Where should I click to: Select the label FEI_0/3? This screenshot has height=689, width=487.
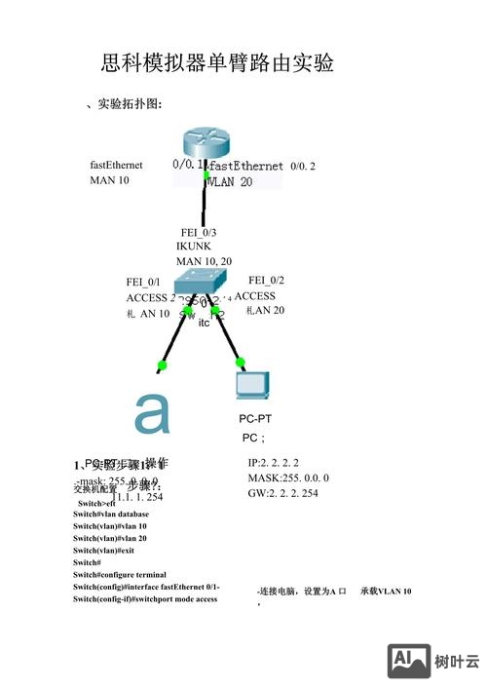click(199, 232)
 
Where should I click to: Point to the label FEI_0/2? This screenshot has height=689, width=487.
click(266, 280)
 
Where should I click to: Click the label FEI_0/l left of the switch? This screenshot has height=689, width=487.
click(143, 282)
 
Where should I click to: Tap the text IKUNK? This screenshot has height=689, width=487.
click(193, 247)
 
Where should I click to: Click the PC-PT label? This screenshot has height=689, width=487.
click(254, 419)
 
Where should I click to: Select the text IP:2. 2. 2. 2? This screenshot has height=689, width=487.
click(273, 463)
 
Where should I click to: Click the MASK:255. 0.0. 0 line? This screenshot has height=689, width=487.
click(288, 478)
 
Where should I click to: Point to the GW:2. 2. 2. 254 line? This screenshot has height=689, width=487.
click(282, 493)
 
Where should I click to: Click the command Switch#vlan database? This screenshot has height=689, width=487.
click(111, 515)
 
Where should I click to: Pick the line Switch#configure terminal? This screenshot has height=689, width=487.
click(119, 575)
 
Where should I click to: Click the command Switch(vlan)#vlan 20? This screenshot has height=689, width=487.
click(109, 538)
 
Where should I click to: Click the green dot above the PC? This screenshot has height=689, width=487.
click(240, 362)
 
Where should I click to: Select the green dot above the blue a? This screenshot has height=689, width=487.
click(162, 365)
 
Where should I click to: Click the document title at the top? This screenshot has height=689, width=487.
click(218, 64)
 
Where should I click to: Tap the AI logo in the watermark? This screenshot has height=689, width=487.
click(409, 660)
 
